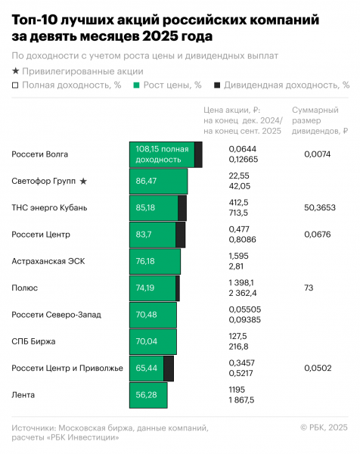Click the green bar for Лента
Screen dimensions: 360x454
tap(148, 395)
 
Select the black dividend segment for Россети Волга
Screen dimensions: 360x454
tap(198, 154)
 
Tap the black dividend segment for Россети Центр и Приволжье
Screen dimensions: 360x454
tap(169, 368)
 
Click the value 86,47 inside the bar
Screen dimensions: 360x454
tap(146, 181)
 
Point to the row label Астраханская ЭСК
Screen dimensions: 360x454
tap(48, 261)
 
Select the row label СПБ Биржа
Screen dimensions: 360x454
tap(33, 341)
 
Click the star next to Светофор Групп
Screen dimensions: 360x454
tap(83, 182)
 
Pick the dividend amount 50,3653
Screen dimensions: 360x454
tap(320, 207)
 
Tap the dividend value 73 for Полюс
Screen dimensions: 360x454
tap(309, 288)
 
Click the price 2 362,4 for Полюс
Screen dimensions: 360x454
tap(243, 293)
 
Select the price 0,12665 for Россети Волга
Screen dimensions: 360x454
tap(243, 159)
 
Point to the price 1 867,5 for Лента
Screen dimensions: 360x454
tap(241, 400)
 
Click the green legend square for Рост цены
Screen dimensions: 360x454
tap(136, 85)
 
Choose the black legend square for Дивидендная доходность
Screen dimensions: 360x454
tap(217, 85)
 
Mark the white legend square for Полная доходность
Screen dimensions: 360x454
tap(15, 85)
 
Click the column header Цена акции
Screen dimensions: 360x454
tap(231, 110)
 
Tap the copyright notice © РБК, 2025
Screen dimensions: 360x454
tap(324, 428)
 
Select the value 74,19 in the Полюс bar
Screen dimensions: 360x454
tap(145, 288)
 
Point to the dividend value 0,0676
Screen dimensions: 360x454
tap(317, 235)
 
